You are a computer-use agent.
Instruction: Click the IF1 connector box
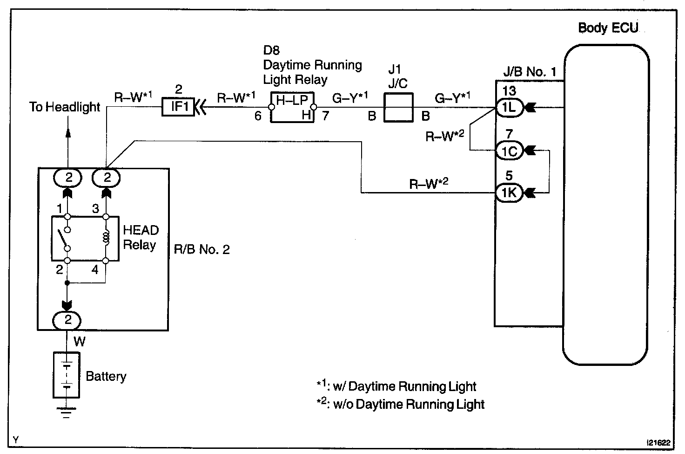click(x=178, y=107)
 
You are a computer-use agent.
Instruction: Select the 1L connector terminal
click(x=509, y=108)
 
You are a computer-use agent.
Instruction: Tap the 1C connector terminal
click(x=509, y=151)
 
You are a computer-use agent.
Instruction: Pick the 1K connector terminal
click(x=509, y=193)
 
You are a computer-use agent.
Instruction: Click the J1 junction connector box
click(x=398, y=108)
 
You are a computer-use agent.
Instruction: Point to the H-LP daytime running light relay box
click(x=292, y=107)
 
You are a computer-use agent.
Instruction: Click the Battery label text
click(x=106, y=377)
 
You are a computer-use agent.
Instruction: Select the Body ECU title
click(x=608, y=28)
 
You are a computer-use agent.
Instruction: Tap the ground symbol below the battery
click(x=67, y=413)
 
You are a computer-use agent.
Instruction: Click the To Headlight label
click(x=65, y=107)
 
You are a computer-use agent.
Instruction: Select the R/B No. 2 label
click(x=201, y=249)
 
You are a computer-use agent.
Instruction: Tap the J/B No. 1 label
click(x=530, y=72)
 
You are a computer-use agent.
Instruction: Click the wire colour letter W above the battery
click(x=80, y=341)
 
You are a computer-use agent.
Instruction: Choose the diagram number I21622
click(x=658, y=443)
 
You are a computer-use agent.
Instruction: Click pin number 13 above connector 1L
click(x=509, y=91)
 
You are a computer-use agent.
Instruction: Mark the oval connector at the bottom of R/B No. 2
click(x=67, y=320)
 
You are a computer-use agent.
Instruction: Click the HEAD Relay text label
click(x=141, y=237)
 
